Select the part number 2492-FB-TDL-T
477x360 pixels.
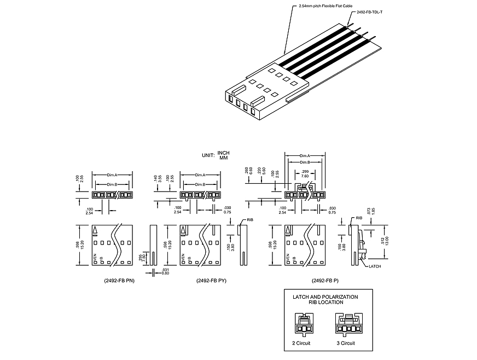coord(369,11)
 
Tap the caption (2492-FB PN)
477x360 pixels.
coord(119,281)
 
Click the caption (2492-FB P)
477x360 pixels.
coord(323,281)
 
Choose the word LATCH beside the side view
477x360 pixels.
coord(375,266)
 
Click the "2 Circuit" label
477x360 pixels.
coord(303,342)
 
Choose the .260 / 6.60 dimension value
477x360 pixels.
coord(249,171)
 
